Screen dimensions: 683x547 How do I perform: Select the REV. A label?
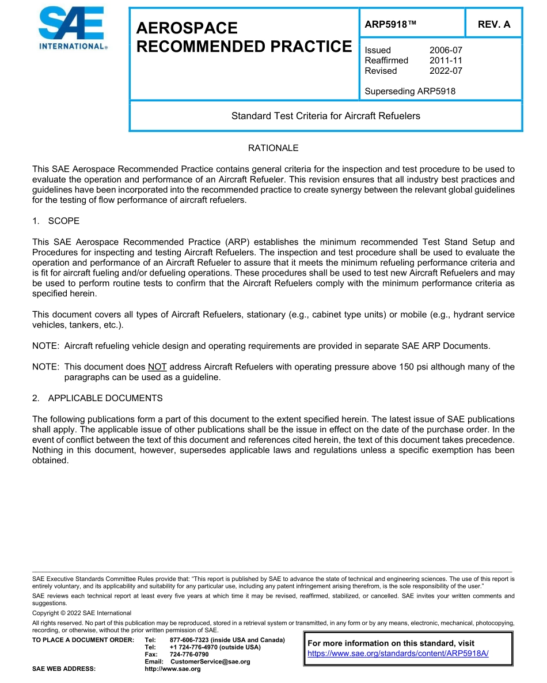click(493, 24)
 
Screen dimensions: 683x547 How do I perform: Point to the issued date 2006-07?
click(446, 50)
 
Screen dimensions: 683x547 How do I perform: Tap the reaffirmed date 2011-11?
click(446, 61)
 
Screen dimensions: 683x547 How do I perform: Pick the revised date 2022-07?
click(446, 71)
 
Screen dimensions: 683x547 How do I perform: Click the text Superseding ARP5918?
click(410, 91)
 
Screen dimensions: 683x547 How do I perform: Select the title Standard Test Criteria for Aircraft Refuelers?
click(325, 116)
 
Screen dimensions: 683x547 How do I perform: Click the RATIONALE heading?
click(273, 148)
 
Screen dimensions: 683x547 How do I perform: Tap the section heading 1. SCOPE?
click(56, 221)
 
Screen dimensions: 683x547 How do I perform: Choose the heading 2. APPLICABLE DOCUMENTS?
click(97, 398)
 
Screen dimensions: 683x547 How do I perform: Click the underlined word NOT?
click(157, 367)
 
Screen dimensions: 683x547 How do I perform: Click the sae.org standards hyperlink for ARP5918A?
click(398, 654)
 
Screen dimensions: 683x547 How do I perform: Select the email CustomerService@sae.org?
click(210, 662)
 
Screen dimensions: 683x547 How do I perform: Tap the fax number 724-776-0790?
click(189, 654)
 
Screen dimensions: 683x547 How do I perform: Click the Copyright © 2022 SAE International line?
click(82, 613)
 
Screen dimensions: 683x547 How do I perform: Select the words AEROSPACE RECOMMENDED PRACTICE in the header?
click(244, 37)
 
